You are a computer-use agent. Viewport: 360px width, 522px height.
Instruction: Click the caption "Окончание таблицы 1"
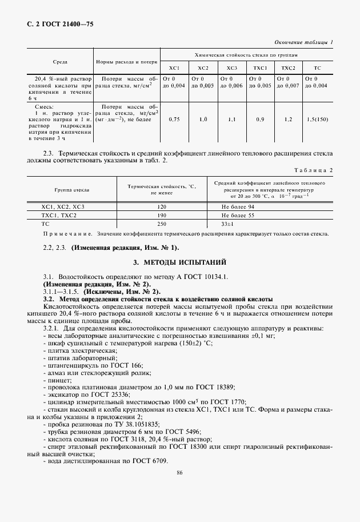pos(304,42)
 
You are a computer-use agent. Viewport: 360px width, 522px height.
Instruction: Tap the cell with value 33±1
pos(229,224)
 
